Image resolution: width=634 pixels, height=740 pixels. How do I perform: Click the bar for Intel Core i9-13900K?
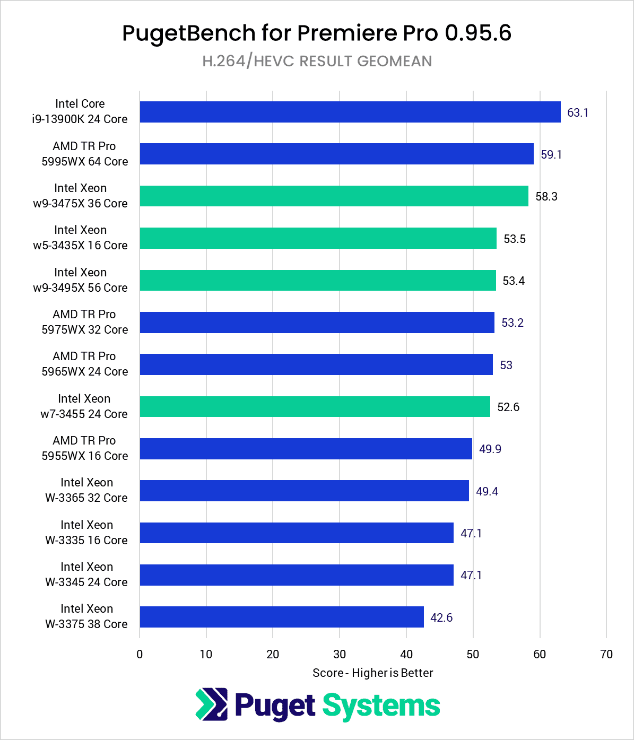350,112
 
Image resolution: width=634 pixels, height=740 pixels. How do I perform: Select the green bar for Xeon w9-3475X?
334,196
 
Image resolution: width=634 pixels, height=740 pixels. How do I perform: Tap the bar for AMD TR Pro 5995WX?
337,154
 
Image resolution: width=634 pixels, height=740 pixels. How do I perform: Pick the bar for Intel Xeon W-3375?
282,617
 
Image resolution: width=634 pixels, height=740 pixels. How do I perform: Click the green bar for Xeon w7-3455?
315,407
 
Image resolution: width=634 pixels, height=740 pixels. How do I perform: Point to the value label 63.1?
578,112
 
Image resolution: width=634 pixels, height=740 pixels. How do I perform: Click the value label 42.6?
441,617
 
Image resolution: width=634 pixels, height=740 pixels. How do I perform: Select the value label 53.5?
515,239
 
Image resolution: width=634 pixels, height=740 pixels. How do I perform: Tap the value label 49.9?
490,449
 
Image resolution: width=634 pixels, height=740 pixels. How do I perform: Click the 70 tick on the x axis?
606,654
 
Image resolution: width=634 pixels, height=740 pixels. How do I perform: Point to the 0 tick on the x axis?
140,654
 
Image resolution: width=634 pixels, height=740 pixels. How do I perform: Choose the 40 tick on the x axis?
406,654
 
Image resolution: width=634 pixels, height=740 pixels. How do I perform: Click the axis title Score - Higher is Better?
373,673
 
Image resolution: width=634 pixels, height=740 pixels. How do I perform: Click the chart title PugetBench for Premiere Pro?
317,33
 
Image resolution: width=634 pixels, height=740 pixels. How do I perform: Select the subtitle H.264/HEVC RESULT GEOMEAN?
317,61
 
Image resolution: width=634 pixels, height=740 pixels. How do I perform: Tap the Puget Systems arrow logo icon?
212,704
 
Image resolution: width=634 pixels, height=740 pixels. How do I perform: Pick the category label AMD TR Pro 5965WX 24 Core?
85,364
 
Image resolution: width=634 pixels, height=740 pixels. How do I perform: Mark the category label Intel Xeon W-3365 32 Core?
86,490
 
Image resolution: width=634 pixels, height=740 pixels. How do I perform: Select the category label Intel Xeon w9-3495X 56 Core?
81,280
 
